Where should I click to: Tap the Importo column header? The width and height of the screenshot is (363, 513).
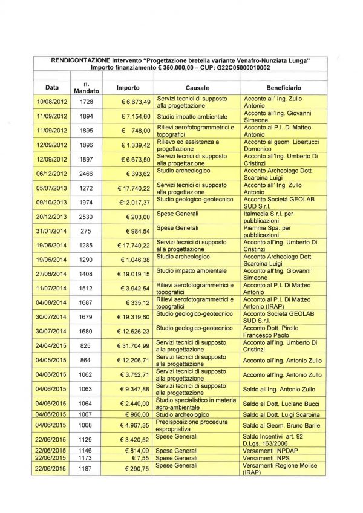(128, 88)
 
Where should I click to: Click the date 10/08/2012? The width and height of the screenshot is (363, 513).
(51, 102)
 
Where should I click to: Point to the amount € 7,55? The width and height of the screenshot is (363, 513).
(140, 458)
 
